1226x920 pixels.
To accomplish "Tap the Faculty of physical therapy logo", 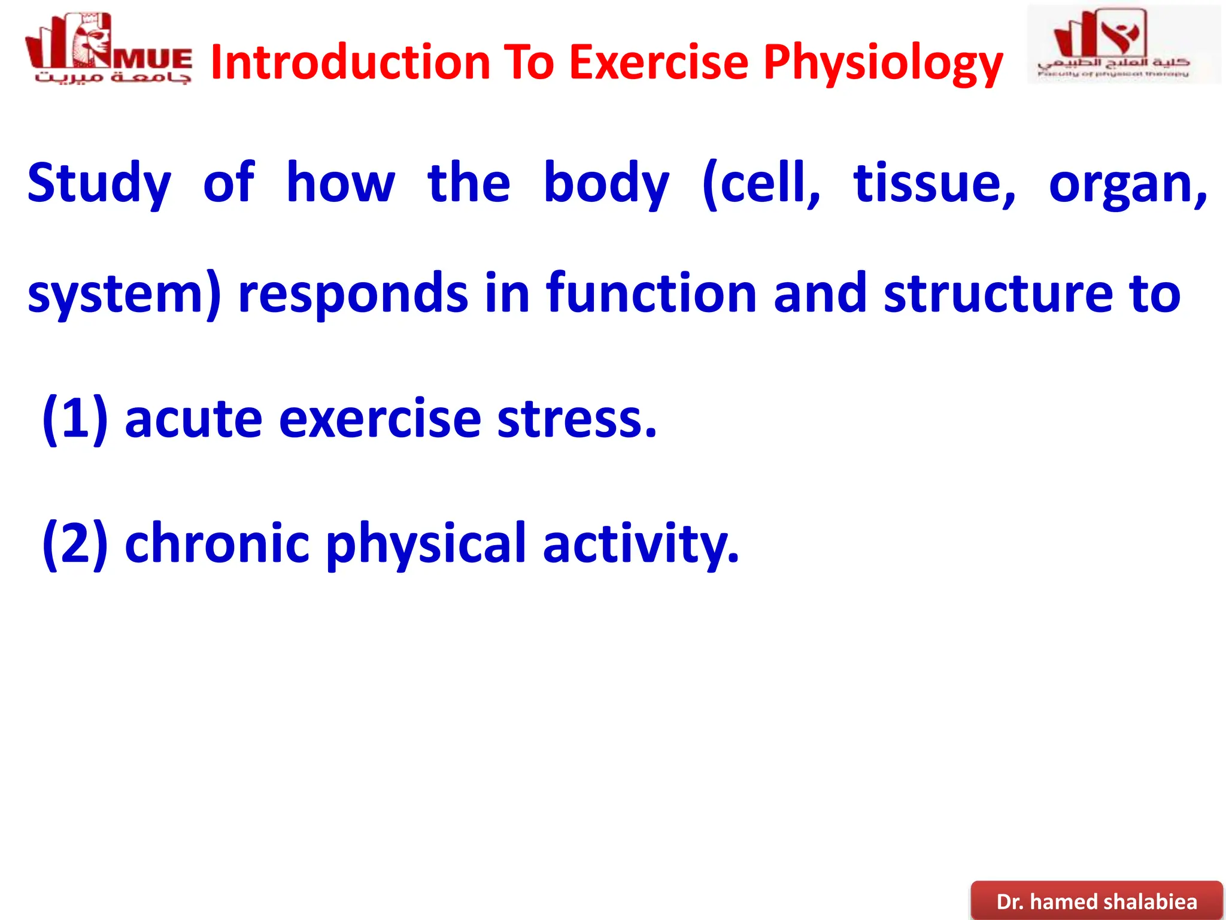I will pos(1124,45).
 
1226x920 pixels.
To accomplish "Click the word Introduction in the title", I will pos(350,63).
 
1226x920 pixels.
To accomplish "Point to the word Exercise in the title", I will pos(658,63).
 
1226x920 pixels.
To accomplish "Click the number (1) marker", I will pos(75,419).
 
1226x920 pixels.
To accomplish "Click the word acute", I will pos(193,419).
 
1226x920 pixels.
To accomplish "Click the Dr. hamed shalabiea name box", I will pos(1096,901).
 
